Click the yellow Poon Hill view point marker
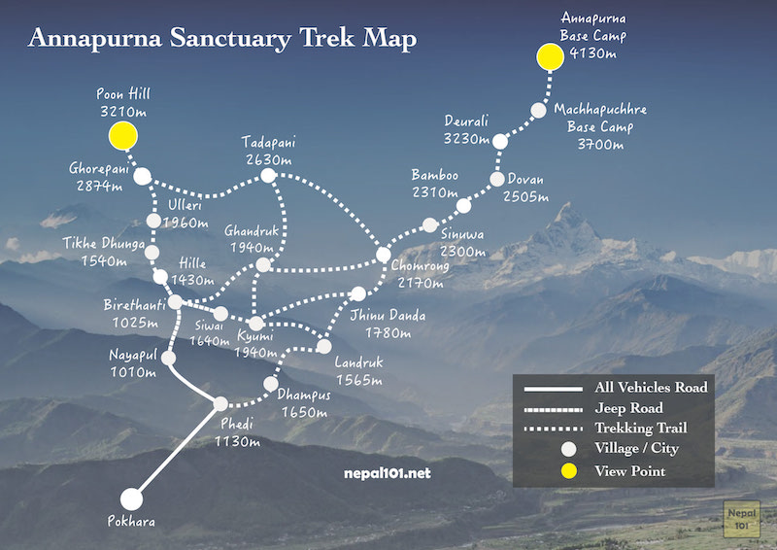pyautogui.click(x=123, y=135)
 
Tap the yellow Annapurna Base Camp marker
pyautogui.click(x=550, y=56)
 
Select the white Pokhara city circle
pyautogui.click(x=131, y=498)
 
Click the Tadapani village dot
pyautogui.click(x=268, y=175)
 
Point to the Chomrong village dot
pyautogui.click(x=383, y=255)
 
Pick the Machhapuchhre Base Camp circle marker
pyautogui.click(x=539, y=110)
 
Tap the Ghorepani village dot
pyautogui.click(x=142, y=176)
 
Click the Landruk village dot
pyautogui.click(x=323, y=346)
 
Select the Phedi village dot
pyautogui.click(x=220, y=403)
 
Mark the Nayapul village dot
pyautogui.click(x=168, y=358)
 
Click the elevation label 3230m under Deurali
pyautogui.click(x=466, y=138)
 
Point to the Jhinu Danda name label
pyautogui.click(x=388, y=315)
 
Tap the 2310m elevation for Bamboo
pyautogui.click(x=434, y=192)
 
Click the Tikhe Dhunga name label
pyautogui.click(x=104, y=243)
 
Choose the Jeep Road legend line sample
pyautogui.click(x=553, y=410)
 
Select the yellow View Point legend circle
pyautogui.click(x=568, y=471)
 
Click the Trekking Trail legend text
pyautogui.click(x=641, y=428)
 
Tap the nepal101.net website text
pyautogui.click(x=387, y=473)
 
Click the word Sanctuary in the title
pyautogui.click(x=230, y=38)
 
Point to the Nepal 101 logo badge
pyautogui.click(x=741, y=519)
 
